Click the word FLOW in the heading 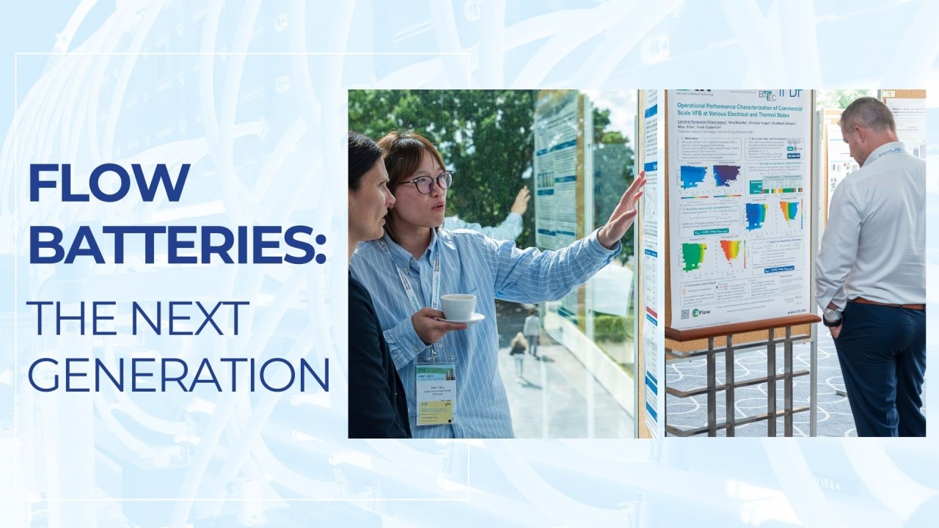109,183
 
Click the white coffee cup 458,306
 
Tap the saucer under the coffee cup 462,319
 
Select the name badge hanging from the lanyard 435,394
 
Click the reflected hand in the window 521,200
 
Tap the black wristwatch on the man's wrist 832,320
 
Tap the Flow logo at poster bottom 700,312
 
